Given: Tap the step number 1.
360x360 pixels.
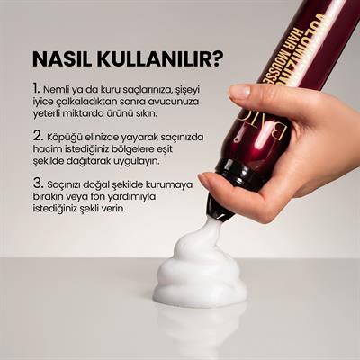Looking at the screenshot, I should point(36,90).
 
